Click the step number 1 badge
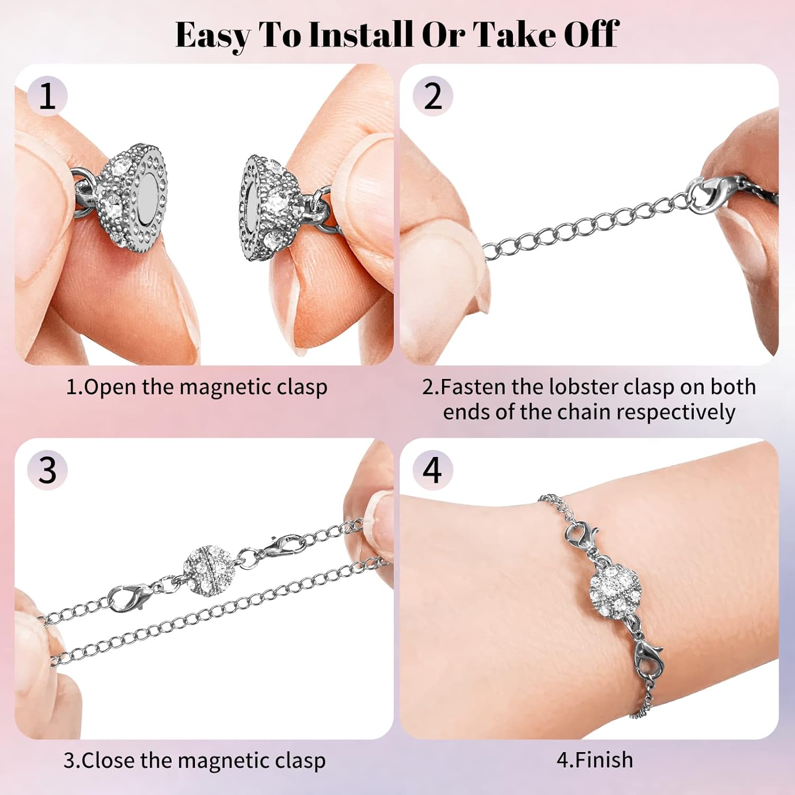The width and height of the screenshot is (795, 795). (x=48, y=96)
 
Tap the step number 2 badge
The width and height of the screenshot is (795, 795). (x=432, y=96)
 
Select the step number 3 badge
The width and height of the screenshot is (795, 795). (x=48, y=470)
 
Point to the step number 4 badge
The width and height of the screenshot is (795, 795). (x=432, y=470)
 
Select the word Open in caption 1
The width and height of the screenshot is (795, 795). (x=110, y=387)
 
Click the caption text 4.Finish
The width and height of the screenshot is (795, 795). (x=595, y=760)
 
